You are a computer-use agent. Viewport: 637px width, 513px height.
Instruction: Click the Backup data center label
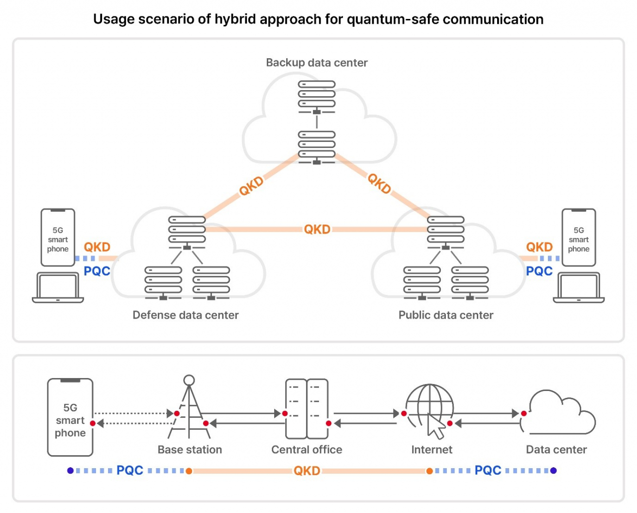click(x=317, y=63)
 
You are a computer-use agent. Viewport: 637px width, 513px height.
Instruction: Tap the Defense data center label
click(x=186, y=315)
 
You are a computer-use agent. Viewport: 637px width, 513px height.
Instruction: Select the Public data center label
click(x=446, y=315)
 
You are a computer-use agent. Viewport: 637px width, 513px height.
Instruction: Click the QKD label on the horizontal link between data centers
click(x=317, y=229)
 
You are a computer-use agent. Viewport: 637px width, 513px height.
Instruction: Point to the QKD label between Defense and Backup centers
click(x=251, y=186)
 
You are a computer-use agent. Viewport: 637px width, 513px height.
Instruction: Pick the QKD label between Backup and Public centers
click(x=379, y=183)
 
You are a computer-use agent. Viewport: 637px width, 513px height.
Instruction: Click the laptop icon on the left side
click(x=58, y=288)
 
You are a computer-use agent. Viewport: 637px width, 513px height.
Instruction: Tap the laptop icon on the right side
click(x=579, y=288)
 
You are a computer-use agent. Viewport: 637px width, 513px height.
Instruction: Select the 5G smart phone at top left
click(x=58, y=238)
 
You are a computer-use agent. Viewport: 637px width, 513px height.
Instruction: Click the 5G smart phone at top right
click(x=579, y=238)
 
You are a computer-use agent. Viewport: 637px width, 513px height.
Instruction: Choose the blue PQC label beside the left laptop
click(x=97, y=271)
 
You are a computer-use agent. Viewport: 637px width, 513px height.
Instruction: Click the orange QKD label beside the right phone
click(x=539, y=247)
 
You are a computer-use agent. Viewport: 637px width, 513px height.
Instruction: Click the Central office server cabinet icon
click(x=307, y=408)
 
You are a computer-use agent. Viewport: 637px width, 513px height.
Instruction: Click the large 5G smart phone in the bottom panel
click(x=70, y=417)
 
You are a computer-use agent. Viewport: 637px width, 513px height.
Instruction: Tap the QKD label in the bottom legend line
click(x=307, y=471)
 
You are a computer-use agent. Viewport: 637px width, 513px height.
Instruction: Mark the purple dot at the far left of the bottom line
click(x=71, y=471)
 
